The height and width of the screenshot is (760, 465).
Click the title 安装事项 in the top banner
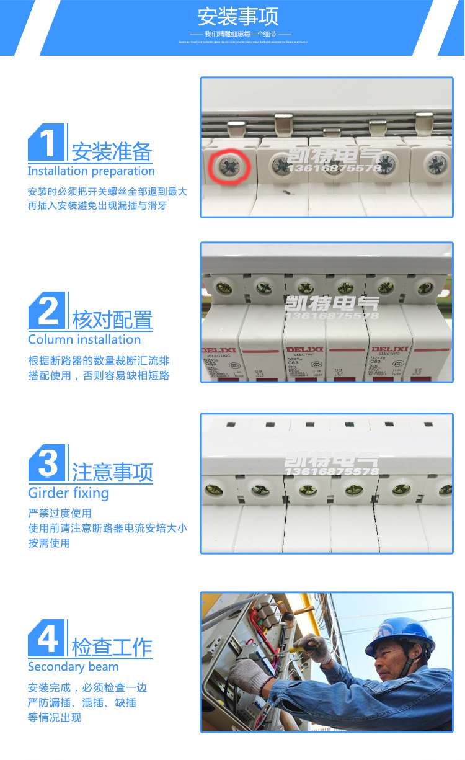coord(238,16)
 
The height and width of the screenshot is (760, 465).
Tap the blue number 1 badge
coord(46,142)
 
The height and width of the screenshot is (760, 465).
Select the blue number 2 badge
coord(47,311)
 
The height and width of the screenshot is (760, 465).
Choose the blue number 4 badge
coord(47,638)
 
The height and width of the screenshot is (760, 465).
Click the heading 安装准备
coord(112,152)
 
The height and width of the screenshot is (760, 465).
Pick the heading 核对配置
coord(112,320)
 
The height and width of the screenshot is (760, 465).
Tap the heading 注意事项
coord(112,473)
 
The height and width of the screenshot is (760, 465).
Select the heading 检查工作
coord(112,647)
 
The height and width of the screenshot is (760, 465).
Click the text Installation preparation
coord(91,171)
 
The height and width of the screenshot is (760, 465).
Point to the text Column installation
coord(84,339)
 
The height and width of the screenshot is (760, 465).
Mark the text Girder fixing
coord(68,493)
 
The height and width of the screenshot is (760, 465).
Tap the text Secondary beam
coord(73,667)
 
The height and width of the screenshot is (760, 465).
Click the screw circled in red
coord(229,166)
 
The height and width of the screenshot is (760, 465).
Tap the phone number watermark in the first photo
coord(335,169)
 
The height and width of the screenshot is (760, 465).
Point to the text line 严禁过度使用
coord(60,514)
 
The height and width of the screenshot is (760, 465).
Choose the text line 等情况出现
coord(55,718)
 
